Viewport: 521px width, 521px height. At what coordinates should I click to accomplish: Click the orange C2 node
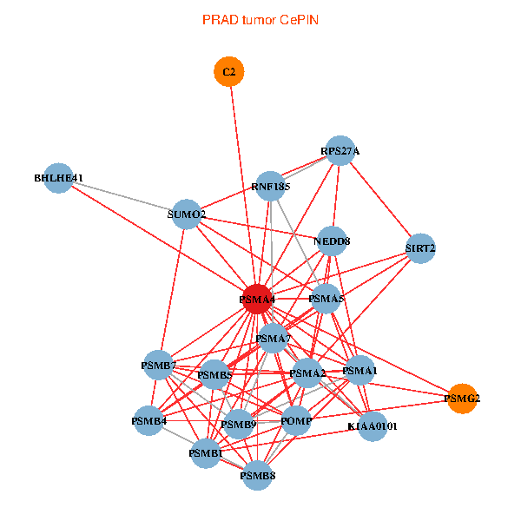229,72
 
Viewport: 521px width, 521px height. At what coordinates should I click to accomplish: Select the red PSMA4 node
257,299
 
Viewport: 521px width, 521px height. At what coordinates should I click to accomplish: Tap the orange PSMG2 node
462,399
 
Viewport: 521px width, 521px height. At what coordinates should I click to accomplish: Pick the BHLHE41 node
58,178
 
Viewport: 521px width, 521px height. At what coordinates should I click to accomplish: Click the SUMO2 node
187,214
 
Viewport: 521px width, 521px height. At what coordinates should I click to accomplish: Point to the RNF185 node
271,186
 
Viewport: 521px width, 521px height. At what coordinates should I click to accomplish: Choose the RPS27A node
340,150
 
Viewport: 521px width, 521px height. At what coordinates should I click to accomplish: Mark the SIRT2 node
420,248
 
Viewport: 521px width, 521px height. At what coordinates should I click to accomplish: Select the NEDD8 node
332,241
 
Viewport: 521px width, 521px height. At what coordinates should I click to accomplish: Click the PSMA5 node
326,299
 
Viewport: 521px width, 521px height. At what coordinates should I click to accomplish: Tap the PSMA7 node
273,338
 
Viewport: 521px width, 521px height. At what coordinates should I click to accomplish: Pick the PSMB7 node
159,366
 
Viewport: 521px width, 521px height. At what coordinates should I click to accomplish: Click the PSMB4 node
149,421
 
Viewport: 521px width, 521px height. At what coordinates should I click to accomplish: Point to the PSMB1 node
206,453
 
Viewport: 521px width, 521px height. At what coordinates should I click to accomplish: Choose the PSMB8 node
258,475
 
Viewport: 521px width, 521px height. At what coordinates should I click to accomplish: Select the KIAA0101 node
372,425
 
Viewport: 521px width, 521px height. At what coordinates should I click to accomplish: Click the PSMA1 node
359,371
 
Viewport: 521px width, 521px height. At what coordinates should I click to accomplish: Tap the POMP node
296,421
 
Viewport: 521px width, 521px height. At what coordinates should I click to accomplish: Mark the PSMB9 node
238,425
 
